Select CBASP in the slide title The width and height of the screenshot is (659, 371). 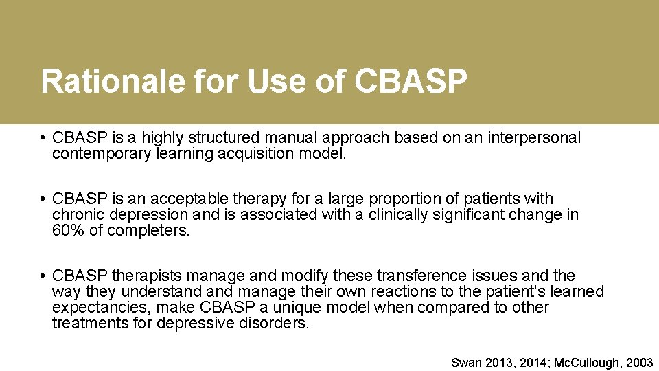[411, 81]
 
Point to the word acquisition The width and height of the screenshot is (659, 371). [256, 153]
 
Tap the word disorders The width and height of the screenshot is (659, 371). [275, 322]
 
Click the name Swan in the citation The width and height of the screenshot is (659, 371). [467, 362]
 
